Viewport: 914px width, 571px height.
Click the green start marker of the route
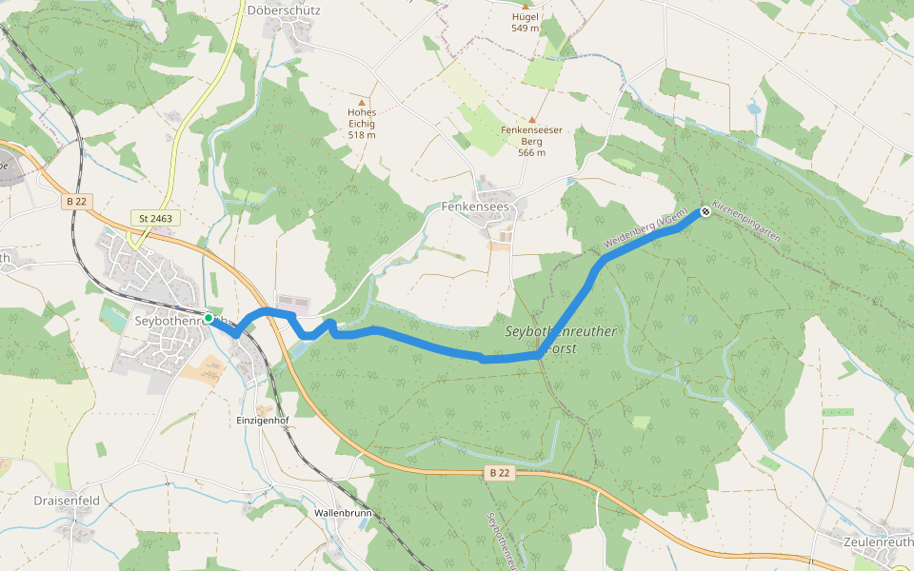pyautogui.click(x=208, y=317)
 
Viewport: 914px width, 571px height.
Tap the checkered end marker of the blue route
pyautogui.click(x=705, y=212)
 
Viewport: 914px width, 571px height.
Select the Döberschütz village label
pyautogui.click(x=283, y=10)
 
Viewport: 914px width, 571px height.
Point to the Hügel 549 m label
pyautogui.click(x=525, y=22)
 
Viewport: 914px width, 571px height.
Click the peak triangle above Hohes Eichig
pyautogui.click(x=361, y=101)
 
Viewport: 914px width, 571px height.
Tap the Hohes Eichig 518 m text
pyautogui.click(x=362, y=123)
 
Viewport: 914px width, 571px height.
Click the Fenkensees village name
pyautogui.click(x=476, y=206)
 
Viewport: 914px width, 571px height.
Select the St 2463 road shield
pyautogui.click(x=155, y=219)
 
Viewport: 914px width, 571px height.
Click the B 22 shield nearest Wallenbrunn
pyautogui.click(x=499, y=472)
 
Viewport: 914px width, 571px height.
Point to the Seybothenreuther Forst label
pyautogui.click(x=561, y=339)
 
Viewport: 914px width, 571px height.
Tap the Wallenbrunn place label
pyautogui.click(x=343, y=513)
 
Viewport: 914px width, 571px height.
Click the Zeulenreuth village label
pyautogui.click(x=878, y=541)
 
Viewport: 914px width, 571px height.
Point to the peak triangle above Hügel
pyautogui.click(x=525, y=7)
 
